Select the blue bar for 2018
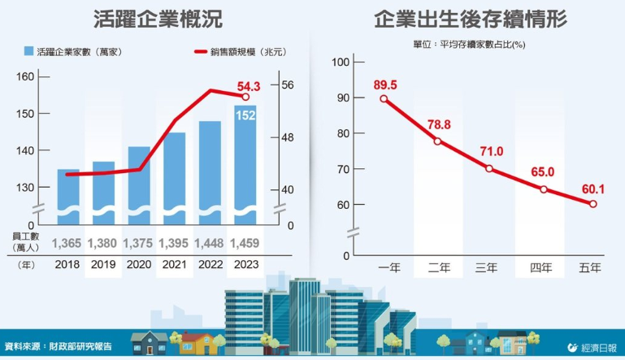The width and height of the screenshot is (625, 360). click(x=68, y=195)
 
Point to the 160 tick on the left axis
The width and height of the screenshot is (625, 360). click(x=25, y=77)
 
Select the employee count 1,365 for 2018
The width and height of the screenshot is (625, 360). click(x=67, y=243)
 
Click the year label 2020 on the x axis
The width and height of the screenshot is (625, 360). click(x=138, y=264)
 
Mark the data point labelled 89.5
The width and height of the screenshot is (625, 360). click(x=384, y=99)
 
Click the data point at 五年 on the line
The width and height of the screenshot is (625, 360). click(x=592, y=204)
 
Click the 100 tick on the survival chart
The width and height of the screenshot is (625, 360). click(x=341, y=63)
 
